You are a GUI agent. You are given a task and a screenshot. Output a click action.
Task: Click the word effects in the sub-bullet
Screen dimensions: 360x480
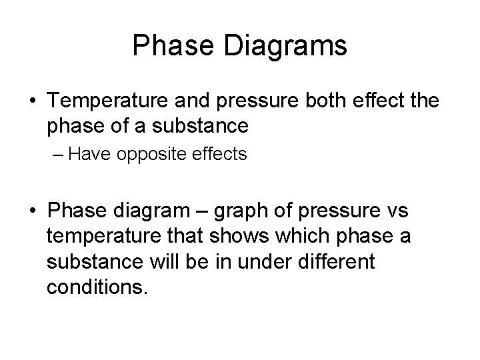coord(218,154)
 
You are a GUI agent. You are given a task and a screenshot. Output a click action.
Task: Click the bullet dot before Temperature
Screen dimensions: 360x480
coord(33,102)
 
